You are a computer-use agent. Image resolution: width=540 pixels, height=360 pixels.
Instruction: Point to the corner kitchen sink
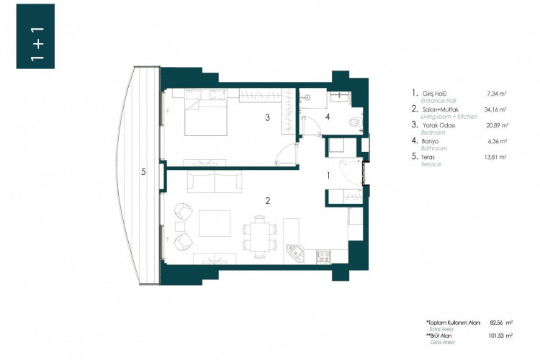(x=296, y=253)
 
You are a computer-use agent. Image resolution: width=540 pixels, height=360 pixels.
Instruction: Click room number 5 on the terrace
(x=143, y=171)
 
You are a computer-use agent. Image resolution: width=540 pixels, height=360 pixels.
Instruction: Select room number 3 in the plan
(x=267, y=117)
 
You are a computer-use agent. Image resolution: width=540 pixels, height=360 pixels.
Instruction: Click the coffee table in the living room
(x=214, y=223)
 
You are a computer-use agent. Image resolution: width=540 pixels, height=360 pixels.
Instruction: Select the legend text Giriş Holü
(x=435, y=94)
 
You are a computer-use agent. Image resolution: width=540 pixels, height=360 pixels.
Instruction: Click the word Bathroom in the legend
(x=434, y=148)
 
